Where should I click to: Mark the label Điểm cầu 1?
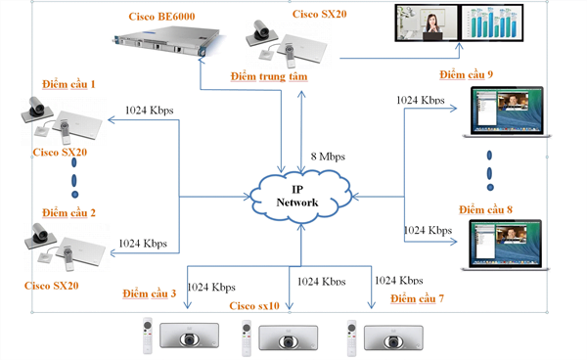tap(69, 86)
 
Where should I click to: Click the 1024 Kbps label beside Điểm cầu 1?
tap(150, 111)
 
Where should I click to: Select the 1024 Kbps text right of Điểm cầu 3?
tap(211, 287)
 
